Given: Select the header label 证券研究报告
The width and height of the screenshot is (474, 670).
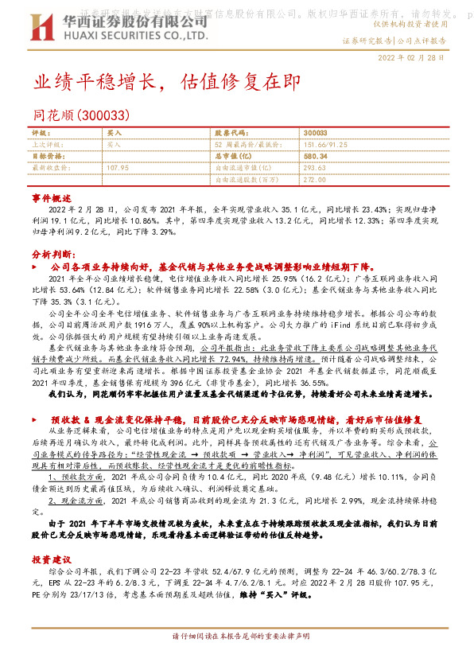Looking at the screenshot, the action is pyautogui.click(x=367, y=40).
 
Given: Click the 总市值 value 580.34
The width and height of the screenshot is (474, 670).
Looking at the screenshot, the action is pyautogui.click(x=316, y=157).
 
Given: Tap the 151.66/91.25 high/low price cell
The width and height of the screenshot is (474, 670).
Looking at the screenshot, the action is pyautogui.click(x=325, y=146).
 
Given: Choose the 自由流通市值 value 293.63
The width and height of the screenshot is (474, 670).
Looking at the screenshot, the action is pyautogui.click(x=315, y=168).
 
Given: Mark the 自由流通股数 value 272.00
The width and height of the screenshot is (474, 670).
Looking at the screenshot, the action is pyautogui.click(x=315, y=180).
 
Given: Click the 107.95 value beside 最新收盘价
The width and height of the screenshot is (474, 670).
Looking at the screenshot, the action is pyautogui.click(x=117, y=168).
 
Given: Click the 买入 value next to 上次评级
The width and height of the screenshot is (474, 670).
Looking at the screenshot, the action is pyautogui.click(x=114, y=146).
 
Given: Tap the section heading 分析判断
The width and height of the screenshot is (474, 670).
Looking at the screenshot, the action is pyautogui.click(x=52, y=253).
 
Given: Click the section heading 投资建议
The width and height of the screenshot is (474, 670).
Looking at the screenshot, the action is pyautogui.click(x=52, y=560).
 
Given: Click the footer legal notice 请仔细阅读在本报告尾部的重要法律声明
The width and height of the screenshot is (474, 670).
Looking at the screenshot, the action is pyautogui.click(x=236, y=659).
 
